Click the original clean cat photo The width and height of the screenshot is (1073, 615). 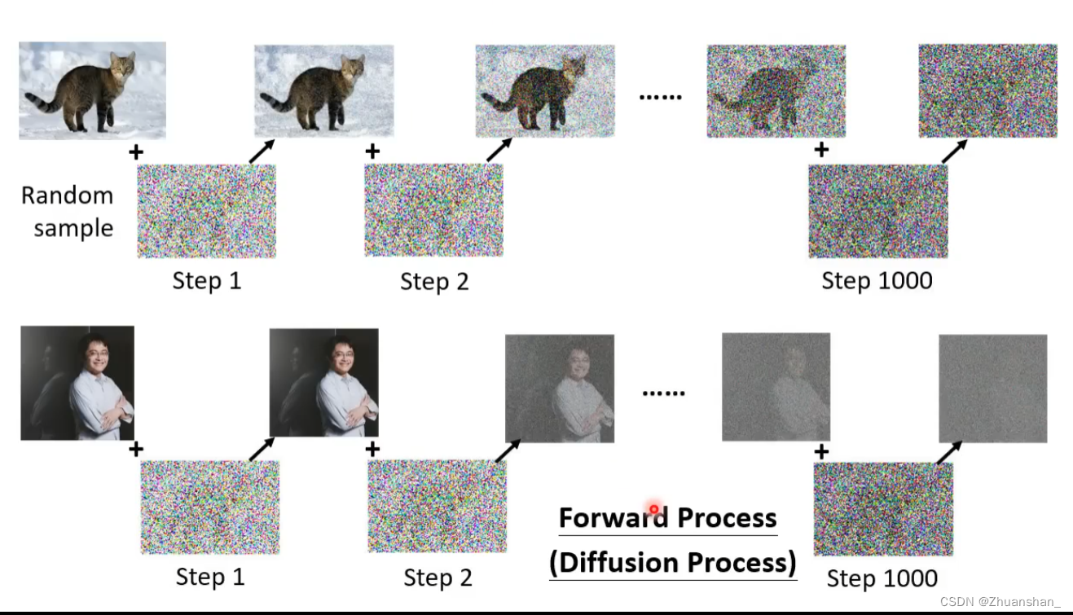tap(92, 90)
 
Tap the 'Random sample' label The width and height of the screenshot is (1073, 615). tap(68, 212)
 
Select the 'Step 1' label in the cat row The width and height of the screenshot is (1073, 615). tap(207, 281)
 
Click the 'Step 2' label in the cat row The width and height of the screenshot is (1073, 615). tap(434, 282)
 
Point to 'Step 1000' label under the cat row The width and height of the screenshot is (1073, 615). tap(877, 281)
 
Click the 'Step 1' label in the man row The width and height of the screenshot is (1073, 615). tap(210, 577)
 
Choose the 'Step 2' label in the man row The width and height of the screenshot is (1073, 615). tap(438, 578)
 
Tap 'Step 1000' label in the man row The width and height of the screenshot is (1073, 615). tap(882, 578)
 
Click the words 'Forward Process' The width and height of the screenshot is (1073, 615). tap(667, 518)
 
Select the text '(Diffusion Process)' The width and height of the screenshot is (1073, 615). tap(673, 563)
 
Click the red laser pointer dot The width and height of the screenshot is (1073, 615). tap(653, 509)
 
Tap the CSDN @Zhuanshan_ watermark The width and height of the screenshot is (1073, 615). tap(1000, 602)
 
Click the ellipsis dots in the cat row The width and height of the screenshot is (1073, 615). tap(660, 97)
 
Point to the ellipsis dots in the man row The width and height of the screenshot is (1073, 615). tap(663, 393)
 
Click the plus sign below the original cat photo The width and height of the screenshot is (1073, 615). tap(136, 152)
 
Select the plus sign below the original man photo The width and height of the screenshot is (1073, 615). tap(136, 449)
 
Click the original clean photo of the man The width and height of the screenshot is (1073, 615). tap(77, 383)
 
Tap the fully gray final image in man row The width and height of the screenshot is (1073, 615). tap(992, 389)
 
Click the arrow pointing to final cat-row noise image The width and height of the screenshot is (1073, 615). tap(954, 151)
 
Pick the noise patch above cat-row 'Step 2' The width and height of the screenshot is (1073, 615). tap(433, 210)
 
